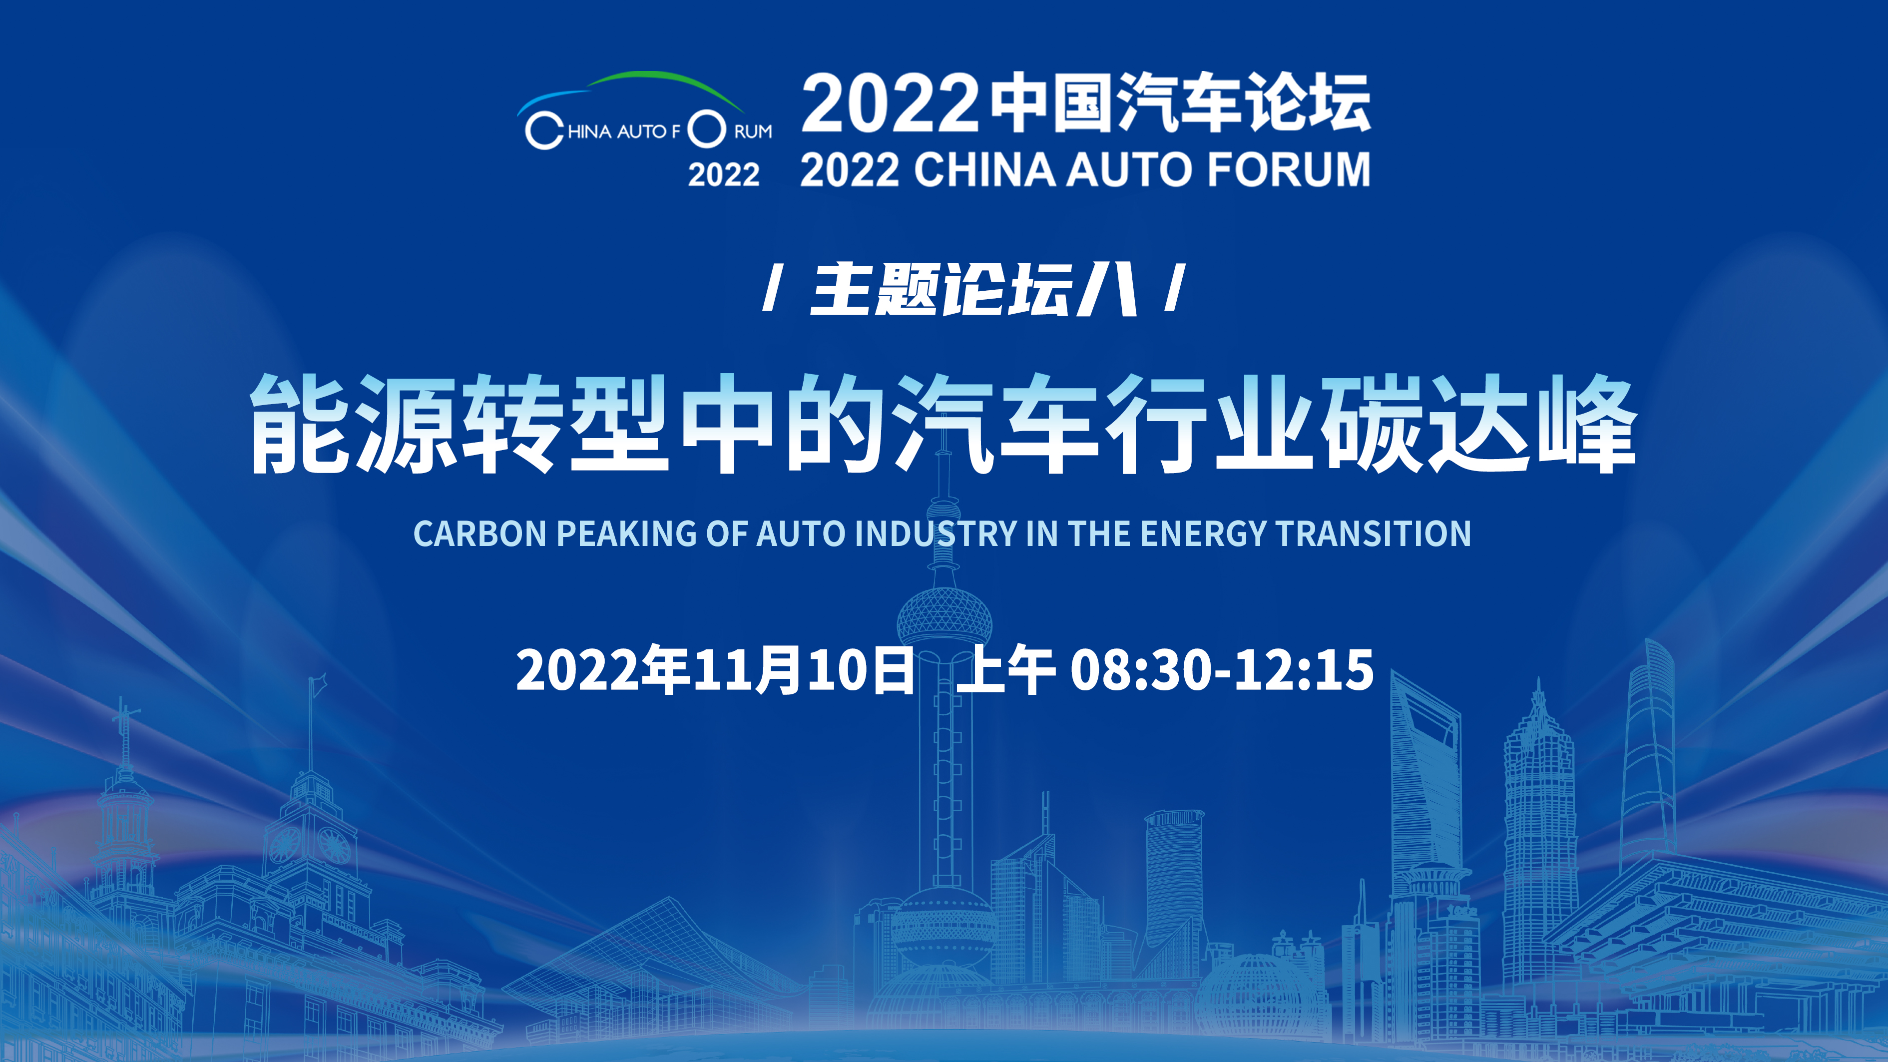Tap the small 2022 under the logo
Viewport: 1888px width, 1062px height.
pos(723,174)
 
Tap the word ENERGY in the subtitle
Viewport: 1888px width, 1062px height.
pos(1203,533)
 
